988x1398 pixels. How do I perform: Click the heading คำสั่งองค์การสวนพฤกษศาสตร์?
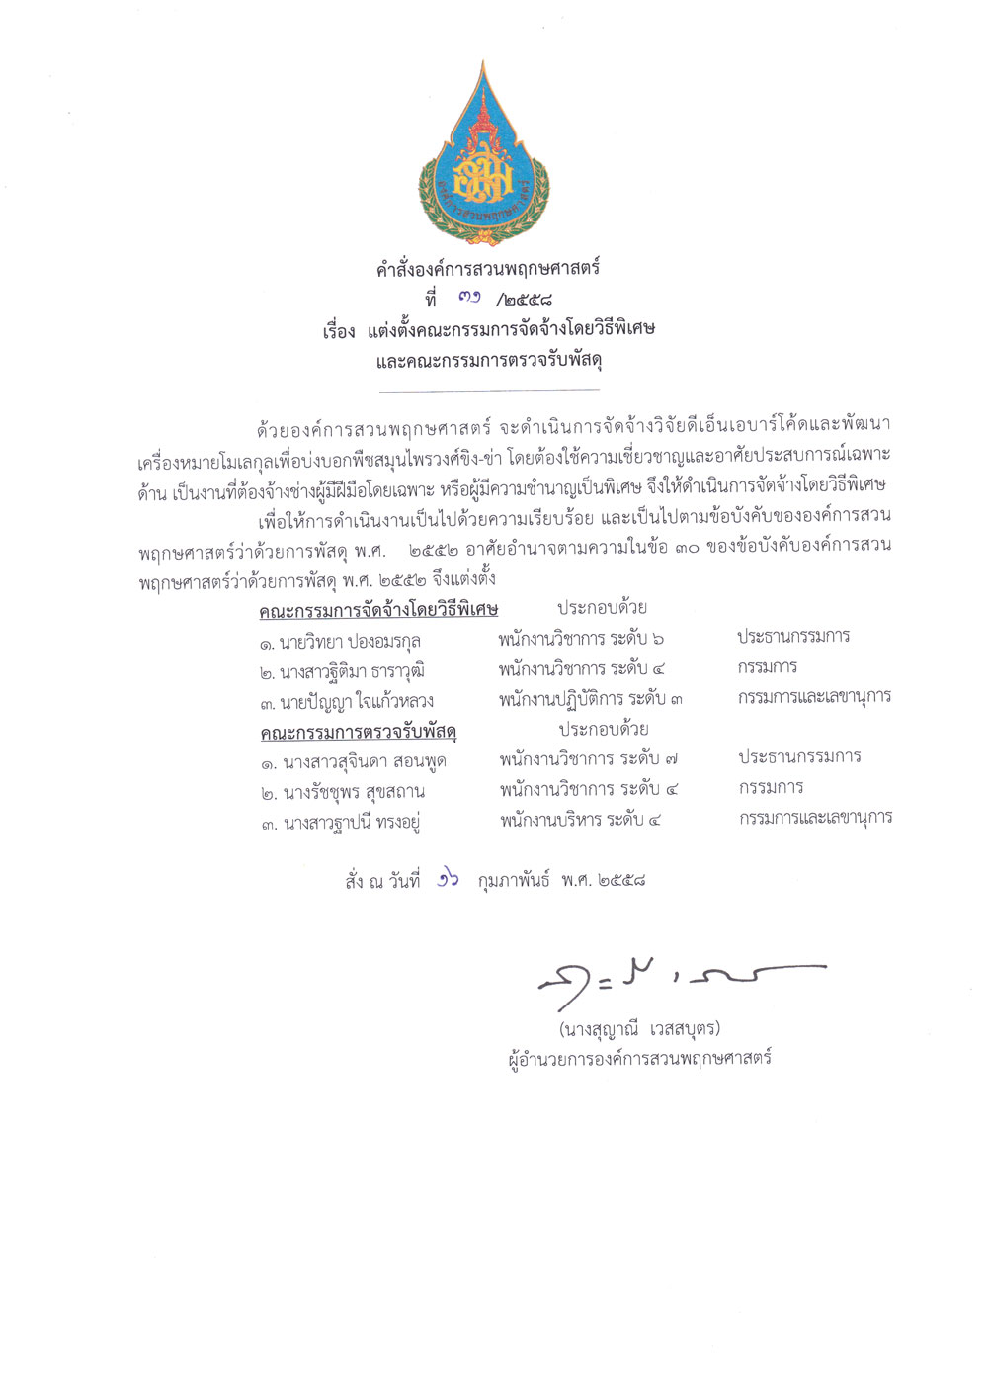[x=488, y=268]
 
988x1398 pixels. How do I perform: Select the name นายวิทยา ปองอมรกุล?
[x=339, y=642]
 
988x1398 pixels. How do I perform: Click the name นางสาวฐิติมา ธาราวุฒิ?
[x=342, y=672]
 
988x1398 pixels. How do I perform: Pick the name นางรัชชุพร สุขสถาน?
[x=343, y=792]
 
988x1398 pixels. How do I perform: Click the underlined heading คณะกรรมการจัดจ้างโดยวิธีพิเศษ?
[x=378, y=610]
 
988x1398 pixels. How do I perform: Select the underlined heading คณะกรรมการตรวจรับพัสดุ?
[x=359, y=733]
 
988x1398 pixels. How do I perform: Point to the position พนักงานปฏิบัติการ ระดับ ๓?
[x=591, y=699]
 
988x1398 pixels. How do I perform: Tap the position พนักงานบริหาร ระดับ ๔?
[x=580, y=820]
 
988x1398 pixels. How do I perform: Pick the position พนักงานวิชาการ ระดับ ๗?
[x=589, y=759]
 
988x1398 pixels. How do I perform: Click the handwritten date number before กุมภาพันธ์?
[x=449, y=879]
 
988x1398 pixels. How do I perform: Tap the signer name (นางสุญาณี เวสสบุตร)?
[x=639, y=1028]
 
